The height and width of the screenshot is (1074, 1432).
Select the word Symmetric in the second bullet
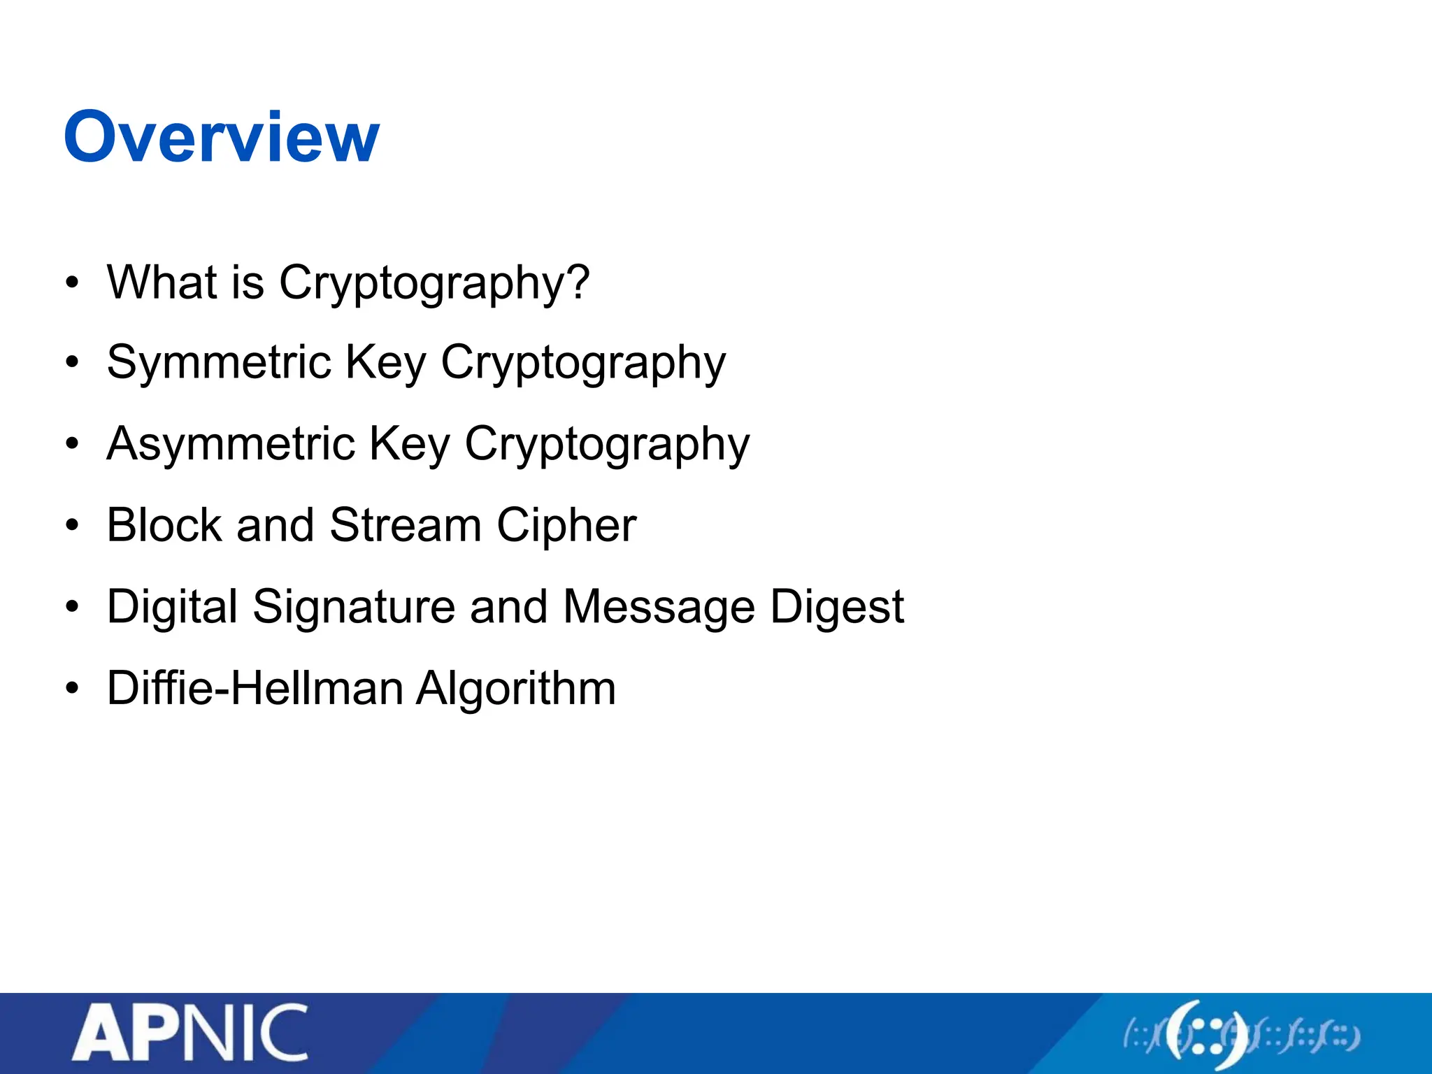pos(219,364)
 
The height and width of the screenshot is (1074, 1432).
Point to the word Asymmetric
pos(231,445)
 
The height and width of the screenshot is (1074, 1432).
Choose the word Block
pos(164,525)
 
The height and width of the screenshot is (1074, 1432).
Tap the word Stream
pos(405,525)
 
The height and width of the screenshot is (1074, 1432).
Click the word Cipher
pos(566,527)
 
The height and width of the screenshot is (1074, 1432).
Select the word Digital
pos(172,607)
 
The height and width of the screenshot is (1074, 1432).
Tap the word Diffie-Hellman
pos(255,688)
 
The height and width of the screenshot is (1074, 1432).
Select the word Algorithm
pos(516,689)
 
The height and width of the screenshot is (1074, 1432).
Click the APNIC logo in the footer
pos(189,1033)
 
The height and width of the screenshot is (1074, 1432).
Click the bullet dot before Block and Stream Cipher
pos(72,526)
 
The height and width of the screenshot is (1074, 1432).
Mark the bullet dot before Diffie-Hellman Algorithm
pos(72,689)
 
